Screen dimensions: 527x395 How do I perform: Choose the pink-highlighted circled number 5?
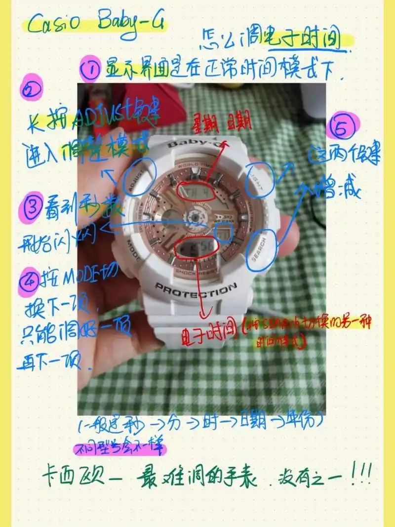coord(344,127)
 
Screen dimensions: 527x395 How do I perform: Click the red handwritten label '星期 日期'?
coord(221,121)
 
